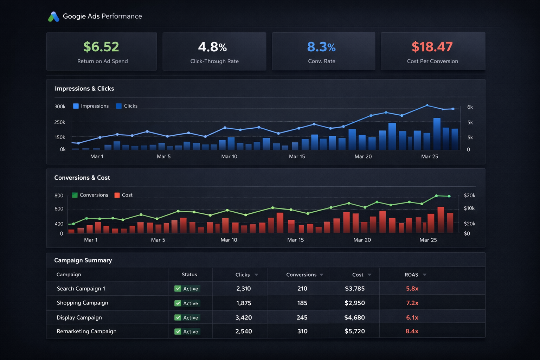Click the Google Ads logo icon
coord(53,17)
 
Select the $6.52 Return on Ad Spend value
coord(101,47)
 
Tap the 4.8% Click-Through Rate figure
coord(212,47)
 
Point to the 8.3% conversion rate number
coord(321,47)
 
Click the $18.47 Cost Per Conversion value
coord(432,47)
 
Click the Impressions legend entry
coord(91,106)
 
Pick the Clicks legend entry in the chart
coord(127,106)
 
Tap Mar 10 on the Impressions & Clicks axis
coord(229,156)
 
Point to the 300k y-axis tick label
coord(60,107)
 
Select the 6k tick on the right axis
coord(470,107)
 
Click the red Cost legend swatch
coord(117,195)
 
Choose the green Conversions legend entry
coord(90,195)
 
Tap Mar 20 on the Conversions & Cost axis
coord(362,240)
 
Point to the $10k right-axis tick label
coord(469,208)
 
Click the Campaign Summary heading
coord(83,260)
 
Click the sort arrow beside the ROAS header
coord(425,275)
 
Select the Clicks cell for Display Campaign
coord(244,317)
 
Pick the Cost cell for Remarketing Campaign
coord(355,331)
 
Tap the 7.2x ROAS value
coord(412,303)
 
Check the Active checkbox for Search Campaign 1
coord(178,289)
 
